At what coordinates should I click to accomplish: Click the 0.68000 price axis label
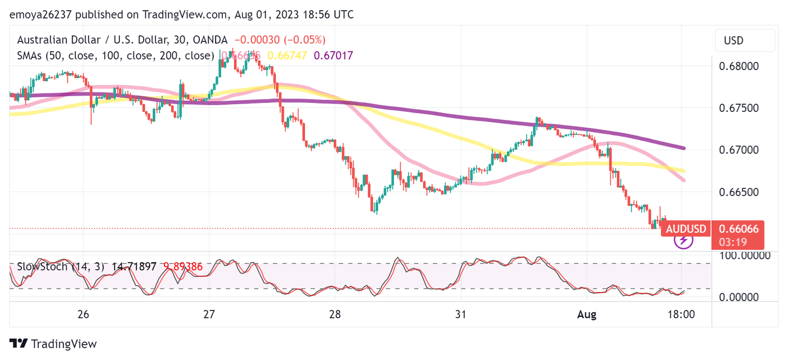pos(739,66)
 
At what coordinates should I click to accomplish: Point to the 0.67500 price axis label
pos(739,108)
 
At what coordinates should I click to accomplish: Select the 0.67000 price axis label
pos(739,150)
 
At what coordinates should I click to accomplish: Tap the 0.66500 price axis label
pos(739,192)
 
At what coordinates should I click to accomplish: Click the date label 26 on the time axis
pos(83,314)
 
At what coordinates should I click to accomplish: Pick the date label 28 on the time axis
pos(335,314)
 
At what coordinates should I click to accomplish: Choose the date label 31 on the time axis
pos(461,314)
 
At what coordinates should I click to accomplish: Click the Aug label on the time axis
pos(587,314)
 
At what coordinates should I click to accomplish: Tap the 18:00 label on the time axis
pos(680,314)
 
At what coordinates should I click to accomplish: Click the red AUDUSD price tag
pos(686,229)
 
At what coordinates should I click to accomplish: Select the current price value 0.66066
pos(739,229)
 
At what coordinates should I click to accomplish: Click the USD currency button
pos(733,40)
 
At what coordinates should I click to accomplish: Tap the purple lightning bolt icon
pos(683,241)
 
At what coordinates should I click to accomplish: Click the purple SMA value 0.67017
pos(333,56)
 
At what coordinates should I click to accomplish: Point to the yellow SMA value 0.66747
pos(287,56)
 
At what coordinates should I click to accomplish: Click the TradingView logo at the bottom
pos(53,344)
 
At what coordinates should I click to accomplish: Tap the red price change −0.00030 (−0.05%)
pos(280,40)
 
